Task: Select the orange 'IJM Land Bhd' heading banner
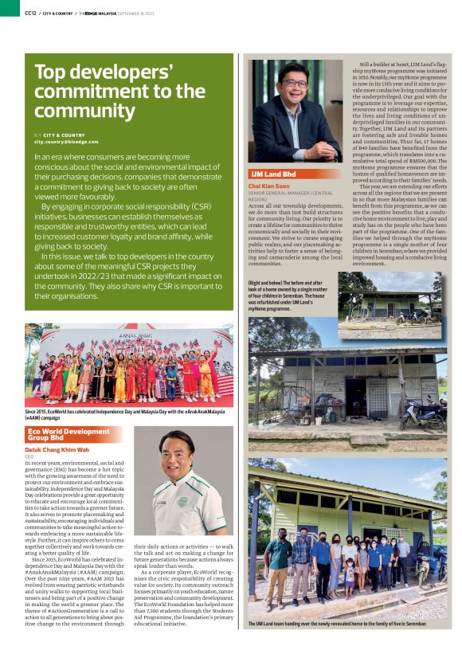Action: [274, 173]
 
